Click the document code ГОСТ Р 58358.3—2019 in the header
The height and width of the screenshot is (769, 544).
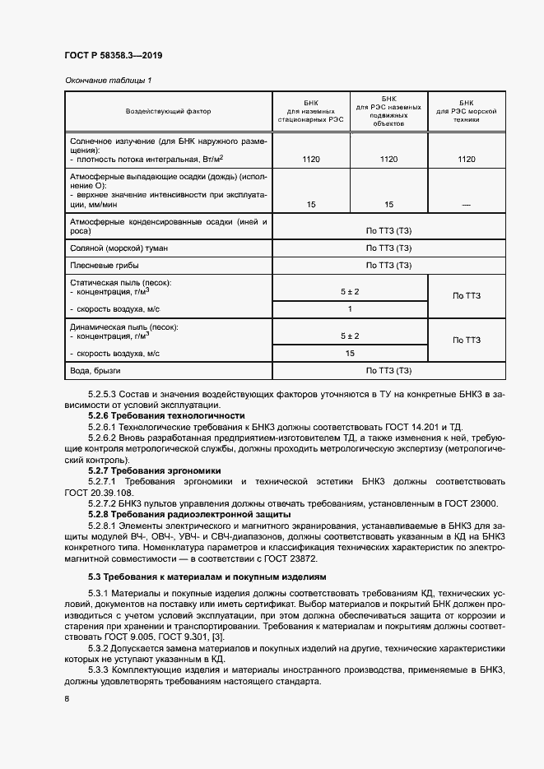(113, 55)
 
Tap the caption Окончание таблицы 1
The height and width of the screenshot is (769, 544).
(108, 80)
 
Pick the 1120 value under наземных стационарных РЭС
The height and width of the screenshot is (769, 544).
(310, 160)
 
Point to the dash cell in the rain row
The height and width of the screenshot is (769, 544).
(466, 204)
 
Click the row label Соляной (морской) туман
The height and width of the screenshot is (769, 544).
(110, 248)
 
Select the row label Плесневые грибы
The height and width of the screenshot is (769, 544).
(103, 266)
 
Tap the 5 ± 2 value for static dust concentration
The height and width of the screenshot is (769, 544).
(350, 291)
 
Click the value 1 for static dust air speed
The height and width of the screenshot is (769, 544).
(350, 309)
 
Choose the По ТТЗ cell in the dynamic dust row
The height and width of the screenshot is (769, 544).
(466, 340)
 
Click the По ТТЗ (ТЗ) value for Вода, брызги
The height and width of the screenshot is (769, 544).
(388, 371)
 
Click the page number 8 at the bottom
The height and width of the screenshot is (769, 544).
(67, 699)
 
